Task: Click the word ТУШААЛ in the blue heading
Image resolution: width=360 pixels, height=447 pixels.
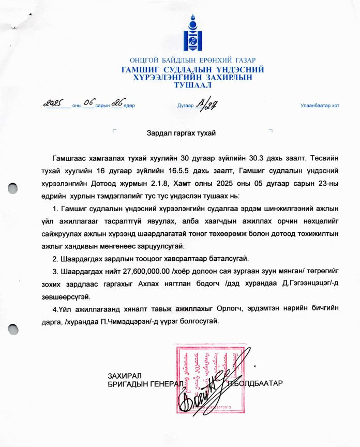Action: [192, 84]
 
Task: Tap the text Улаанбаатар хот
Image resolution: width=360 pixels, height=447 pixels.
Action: [320, 106]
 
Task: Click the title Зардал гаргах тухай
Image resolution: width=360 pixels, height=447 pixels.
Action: [181, 132]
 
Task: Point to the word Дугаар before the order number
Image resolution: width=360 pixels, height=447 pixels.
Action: [185, 106]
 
